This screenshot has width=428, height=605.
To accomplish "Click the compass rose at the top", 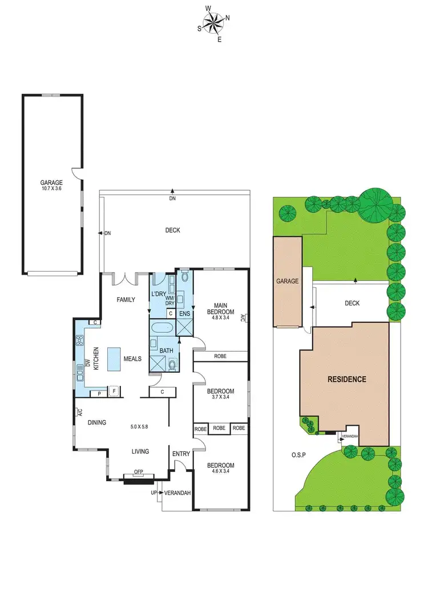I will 213,23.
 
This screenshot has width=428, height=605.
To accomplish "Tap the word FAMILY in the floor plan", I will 125,300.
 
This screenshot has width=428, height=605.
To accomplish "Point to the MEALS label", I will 132,358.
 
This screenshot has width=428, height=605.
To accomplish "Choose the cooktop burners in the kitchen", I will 79,341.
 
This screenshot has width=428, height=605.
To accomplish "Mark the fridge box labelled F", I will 114,392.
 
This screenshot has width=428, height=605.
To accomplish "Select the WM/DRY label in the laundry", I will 170,301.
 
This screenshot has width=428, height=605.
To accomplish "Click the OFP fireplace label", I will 138,471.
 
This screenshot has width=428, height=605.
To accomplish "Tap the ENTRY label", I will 181,454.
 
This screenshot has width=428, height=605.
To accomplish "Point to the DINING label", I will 97,422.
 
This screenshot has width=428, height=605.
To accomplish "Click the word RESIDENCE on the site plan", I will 346,379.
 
